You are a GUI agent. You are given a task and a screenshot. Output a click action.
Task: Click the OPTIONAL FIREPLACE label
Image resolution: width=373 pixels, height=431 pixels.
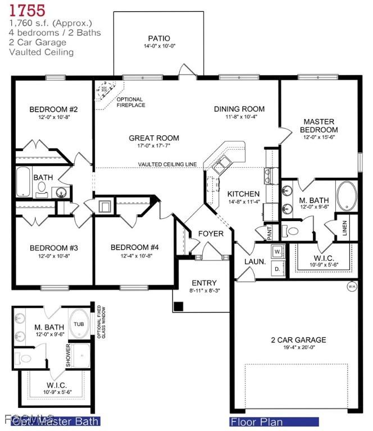tap(131, 102)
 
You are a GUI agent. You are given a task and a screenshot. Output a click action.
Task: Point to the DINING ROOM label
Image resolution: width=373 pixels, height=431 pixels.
tap(239, 109)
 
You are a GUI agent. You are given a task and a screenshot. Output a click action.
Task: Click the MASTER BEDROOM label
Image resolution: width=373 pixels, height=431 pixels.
tap(319, 125)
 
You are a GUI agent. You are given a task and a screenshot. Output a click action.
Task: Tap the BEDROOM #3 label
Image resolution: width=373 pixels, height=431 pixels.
tap(53, 247)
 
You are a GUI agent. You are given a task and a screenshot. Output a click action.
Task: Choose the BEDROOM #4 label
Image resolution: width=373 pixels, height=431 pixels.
tap(135, 247)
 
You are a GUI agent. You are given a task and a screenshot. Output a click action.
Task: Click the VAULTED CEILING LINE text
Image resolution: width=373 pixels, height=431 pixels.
tap(167, 164)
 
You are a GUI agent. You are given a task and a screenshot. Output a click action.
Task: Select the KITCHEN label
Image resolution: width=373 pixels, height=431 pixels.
tap(243, 194)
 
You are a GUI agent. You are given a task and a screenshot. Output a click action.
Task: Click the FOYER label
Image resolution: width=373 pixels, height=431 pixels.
tap(211, 233)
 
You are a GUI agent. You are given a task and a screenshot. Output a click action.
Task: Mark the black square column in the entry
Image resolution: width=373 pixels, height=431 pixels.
tap(179, 306)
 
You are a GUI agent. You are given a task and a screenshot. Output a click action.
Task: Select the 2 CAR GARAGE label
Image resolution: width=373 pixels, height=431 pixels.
tap(298, 340)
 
